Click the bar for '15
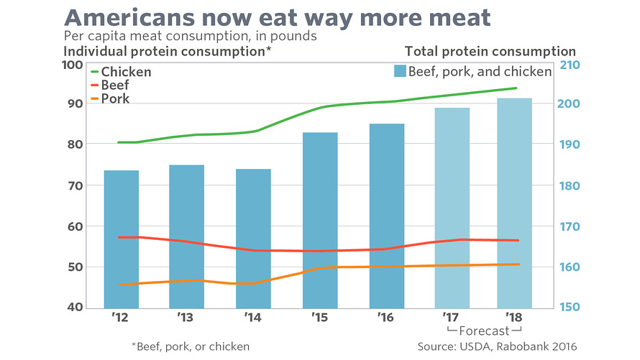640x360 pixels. click(320, 219)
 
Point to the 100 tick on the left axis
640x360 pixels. click(73, 65)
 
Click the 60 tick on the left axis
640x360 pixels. click(76, 226)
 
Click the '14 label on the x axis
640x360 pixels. click(252, 317)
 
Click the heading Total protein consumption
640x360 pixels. click(490, 51)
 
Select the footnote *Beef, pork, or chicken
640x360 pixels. click(191, 346)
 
